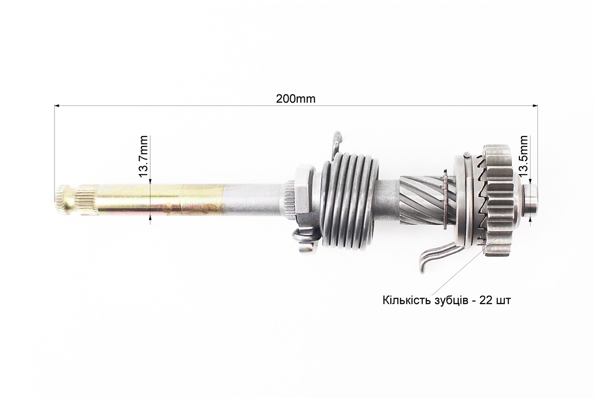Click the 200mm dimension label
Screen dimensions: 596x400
pos(295,99)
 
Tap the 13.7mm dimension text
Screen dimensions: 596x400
pos(143,156)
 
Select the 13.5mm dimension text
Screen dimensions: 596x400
pos(524,156)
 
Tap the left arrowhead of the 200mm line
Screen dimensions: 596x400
pos(58,106)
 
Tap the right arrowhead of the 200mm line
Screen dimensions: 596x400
pos(535,106)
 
